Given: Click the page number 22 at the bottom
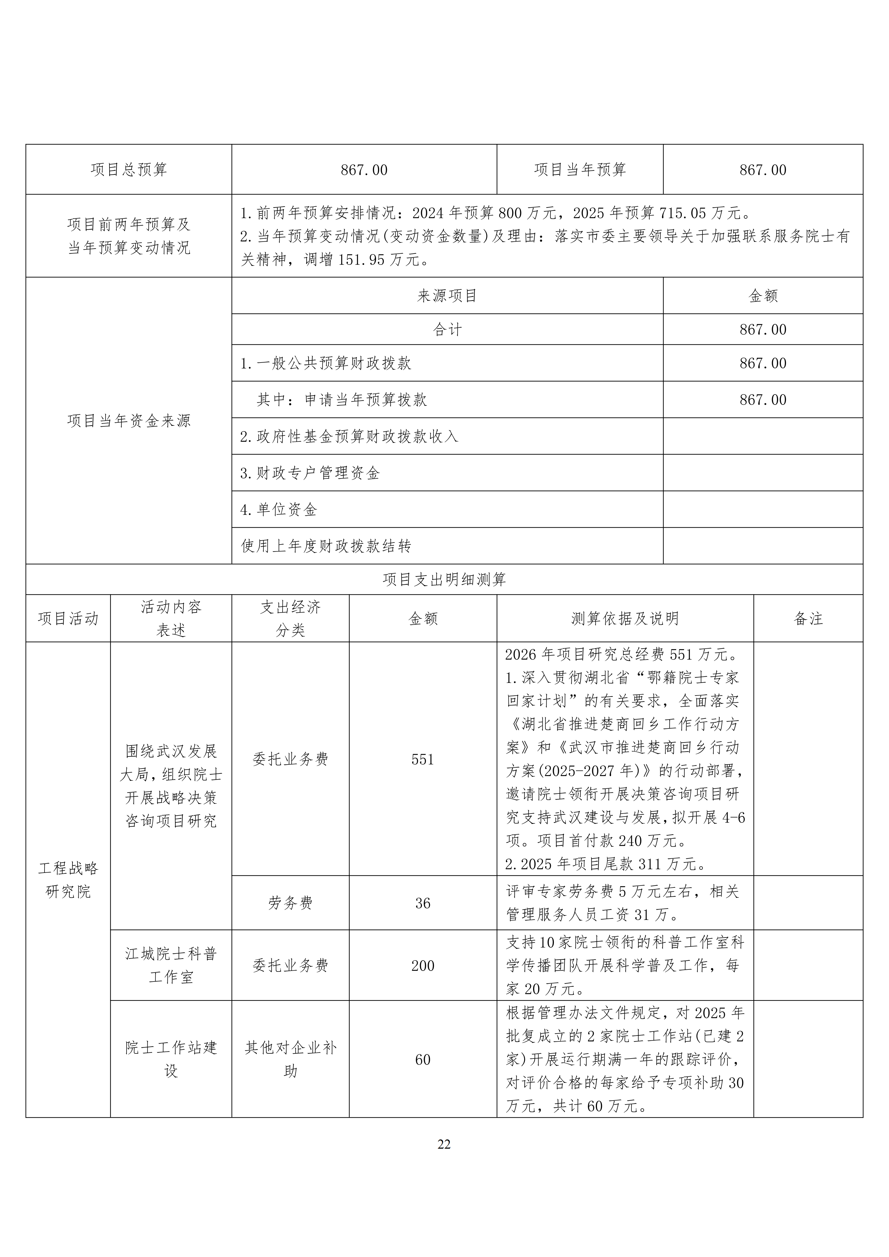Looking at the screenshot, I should (444, 1144).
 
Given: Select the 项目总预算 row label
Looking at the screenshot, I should (129, 170).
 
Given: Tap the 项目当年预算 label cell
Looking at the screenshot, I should (580, 170).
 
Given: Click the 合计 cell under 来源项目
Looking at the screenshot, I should (447, 330).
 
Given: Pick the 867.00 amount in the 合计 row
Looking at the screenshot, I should (762, 330).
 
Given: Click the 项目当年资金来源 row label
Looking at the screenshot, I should (129, 420).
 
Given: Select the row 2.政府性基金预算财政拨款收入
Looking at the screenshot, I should (349, 436).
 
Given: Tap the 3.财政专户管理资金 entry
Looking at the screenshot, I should (310, 473).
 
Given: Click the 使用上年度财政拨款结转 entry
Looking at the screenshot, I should (326, 546).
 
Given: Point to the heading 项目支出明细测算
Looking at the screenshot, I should (444, 579).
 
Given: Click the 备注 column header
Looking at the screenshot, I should (808, 619).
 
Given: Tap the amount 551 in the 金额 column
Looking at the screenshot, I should (423, 759).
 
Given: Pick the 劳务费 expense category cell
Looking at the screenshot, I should (290, 903).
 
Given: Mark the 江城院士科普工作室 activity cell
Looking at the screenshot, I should (171, 965).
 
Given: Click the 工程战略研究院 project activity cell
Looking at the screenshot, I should (68, 880).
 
